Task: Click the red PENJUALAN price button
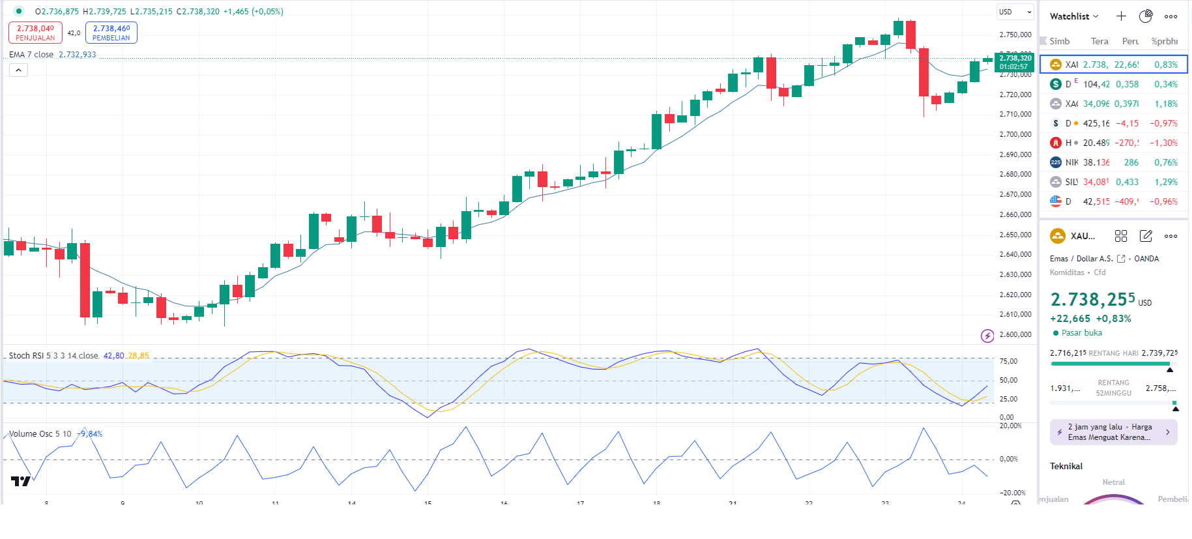point(35,33)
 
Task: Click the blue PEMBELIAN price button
point(111,33)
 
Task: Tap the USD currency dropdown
point(1015,12)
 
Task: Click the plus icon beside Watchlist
point(1121,16)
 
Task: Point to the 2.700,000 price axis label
point(1015,134)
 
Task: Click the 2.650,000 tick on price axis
point(1015,235)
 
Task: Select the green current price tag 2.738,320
point(1015,62)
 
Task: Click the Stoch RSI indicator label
point(53,356)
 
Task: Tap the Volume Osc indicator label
point(40,434)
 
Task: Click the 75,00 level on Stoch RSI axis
point(1008,361)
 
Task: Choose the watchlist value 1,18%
point(1166,104)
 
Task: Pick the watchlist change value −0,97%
point(1163,123)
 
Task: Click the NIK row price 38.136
point(1096,162)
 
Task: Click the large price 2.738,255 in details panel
point(1093,300)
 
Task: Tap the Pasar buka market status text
point(1082,333)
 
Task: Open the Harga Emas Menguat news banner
point(1113,432)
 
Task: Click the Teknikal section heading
point(1066,466)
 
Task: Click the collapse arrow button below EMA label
point(18,70)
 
